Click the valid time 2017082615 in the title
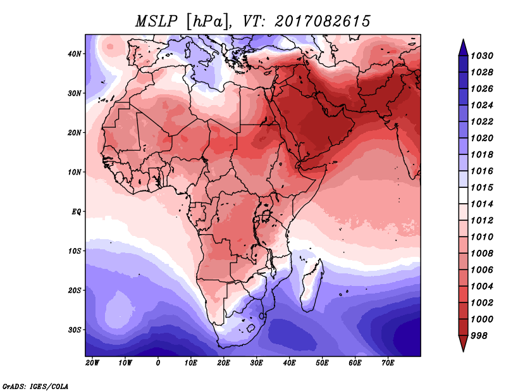click(323, 21)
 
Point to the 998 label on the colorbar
click(479, 335)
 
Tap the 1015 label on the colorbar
click(481, 188)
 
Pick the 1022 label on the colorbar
click(481, 121)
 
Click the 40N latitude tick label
click(75, 54)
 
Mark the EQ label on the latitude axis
click(77, 211)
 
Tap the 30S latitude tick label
click(75, 330)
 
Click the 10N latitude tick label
click(75, 172)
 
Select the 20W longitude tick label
click(92, 363)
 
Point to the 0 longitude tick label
click(158, 363)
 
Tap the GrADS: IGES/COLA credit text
click(35, 385)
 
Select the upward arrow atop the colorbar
click(463, 46)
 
